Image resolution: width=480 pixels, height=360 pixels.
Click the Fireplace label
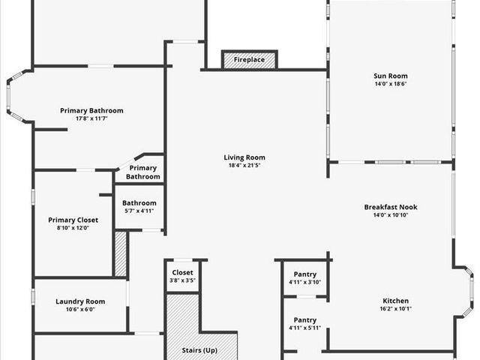point(249,59)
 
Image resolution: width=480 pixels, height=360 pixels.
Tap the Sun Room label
point(390,76)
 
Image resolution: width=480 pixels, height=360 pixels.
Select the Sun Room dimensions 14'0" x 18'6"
point(390,84)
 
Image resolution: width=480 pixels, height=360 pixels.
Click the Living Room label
point(244,157)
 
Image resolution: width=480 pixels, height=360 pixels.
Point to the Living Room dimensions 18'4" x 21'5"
point(244,166)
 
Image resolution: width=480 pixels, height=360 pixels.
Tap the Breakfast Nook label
point(390,207)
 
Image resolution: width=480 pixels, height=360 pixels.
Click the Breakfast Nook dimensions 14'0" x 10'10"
point(390,215)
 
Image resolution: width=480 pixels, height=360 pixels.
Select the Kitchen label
point(395,301)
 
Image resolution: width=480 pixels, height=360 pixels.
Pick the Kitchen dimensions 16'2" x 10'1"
point(395,309)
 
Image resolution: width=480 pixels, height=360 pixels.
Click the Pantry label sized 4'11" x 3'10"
point(304,274)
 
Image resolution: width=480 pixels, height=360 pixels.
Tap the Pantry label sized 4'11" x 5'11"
point(304,319)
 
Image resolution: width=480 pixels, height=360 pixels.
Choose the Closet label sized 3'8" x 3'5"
point(183,272)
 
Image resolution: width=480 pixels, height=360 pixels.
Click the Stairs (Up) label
point(199,350)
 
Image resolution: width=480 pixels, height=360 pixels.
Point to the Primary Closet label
point(73,220)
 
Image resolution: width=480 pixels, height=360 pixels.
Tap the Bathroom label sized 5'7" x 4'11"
point(139,202)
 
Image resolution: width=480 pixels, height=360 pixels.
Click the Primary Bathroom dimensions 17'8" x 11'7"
point(91,119)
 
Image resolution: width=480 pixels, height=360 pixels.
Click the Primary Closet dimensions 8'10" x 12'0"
point(73,228)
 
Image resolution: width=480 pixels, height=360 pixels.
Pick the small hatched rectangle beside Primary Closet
point(121,253)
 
